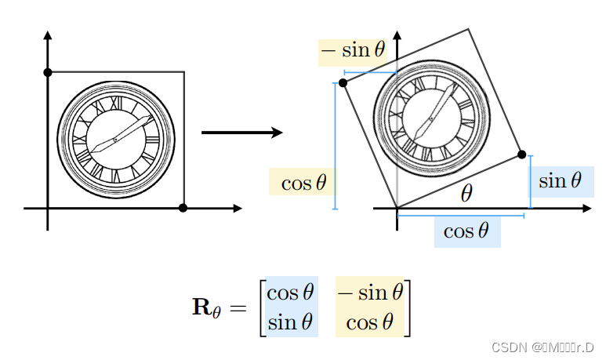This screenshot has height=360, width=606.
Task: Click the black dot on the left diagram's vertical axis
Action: tap(48, 72)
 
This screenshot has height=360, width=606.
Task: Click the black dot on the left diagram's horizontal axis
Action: tap(183, 208)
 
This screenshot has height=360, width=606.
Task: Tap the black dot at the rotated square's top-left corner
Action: tap(343, 82)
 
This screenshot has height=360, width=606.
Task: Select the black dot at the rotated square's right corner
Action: tap(522, 155)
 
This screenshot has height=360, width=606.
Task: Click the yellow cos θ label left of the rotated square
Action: tap(303, 183)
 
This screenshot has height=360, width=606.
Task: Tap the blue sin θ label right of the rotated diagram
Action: tap(560, 181)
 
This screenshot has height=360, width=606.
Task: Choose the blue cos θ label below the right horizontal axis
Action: tap(466, 231)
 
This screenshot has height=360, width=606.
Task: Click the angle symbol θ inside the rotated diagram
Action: tap(466, 192)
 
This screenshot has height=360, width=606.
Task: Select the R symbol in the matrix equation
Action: tap(201, 307)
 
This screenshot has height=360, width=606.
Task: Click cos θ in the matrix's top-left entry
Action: tap(290, 293)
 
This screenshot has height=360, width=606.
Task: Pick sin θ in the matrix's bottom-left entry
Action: tap(290, 321)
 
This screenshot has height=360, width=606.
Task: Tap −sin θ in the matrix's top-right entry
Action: tap(370, 293)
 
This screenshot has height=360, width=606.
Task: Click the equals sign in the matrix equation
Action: tap(238, 307)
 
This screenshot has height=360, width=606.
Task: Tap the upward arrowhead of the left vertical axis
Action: tap(48, 35)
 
